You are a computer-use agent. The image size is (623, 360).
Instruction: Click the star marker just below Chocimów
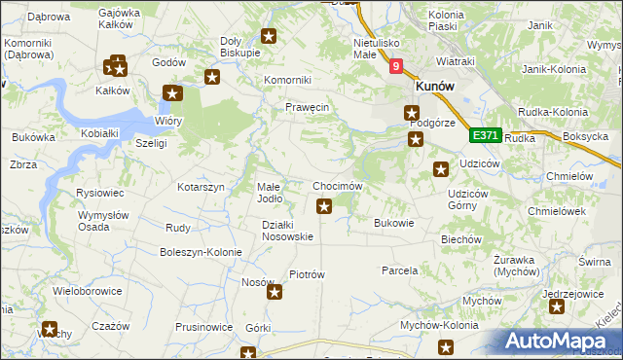(x=325, y=205)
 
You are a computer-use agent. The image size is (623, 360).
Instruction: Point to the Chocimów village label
(x=338, y=186)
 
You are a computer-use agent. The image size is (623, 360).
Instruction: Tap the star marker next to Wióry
(x=172, y=94)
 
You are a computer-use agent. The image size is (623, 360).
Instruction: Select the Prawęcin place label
(x=308, y=107)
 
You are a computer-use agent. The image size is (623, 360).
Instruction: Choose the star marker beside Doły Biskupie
(x=270, y=38)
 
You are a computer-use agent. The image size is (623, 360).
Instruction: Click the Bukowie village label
(x=394, y=223)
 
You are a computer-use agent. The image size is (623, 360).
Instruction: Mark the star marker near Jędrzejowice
(x=556, y=307)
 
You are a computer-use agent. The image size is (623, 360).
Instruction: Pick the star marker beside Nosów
(x=275, y=291)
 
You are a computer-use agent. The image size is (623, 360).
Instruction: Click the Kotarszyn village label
(x=201, y=186)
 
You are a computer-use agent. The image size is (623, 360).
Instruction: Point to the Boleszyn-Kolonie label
(x=201, y=252)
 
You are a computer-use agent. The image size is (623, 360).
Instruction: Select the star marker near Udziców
(x=440, y=170)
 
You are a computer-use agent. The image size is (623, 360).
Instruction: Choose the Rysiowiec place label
(x=96, y=193)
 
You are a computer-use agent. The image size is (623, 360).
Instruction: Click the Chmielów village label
(x=570, y=176)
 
